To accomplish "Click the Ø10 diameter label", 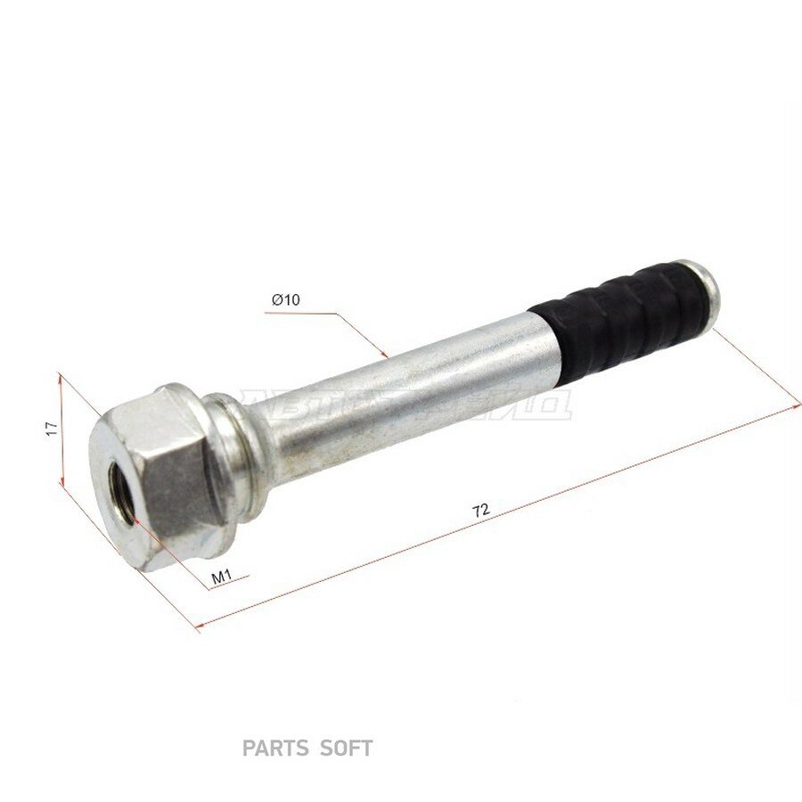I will tap(286, 300).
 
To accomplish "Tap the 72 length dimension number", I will tap(481, 511).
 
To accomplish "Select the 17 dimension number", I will tap(53, 429).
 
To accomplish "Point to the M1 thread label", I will tap(221, 577).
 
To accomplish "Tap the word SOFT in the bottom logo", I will tap(346, 749).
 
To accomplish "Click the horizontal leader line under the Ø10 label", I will tap(303, 314).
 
